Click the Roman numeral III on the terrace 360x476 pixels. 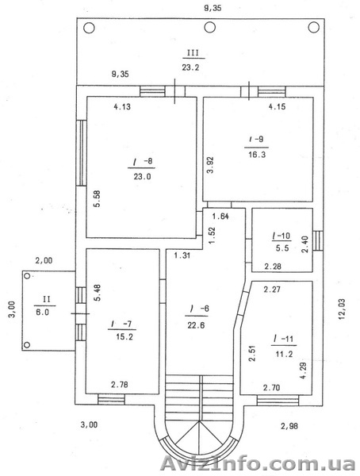point(191,54)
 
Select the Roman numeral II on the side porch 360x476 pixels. point(46,299)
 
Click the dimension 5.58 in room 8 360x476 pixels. point(96,198)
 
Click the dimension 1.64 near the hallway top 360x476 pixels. point(225,217)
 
